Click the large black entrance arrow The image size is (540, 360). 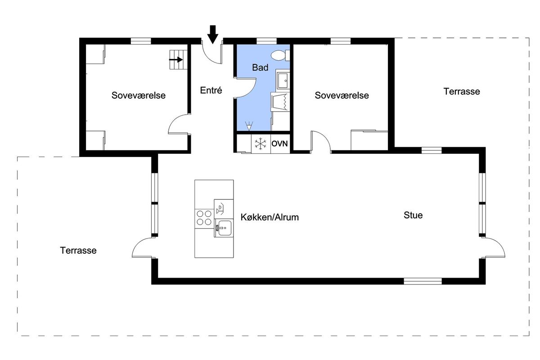(212, 35)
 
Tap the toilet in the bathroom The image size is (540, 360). (280, 55)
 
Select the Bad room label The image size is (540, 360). (260, 67)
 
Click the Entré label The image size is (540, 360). (211, 90)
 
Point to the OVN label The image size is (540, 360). (279, 144)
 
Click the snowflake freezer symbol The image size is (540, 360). (261, 144)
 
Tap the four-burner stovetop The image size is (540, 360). (204, 218)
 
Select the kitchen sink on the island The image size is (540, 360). (224, 228)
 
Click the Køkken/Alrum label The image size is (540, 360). (270, 217)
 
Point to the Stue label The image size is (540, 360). (413, 215)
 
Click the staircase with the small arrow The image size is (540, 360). (178, 59)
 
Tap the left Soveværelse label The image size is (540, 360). (139, 95)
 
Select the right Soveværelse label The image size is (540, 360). (342, 95)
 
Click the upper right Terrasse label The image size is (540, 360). (462, 91)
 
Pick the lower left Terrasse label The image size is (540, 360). (78, 250)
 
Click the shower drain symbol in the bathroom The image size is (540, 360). (249, 126)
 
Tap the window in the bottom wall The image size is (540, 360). (423, 281)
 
